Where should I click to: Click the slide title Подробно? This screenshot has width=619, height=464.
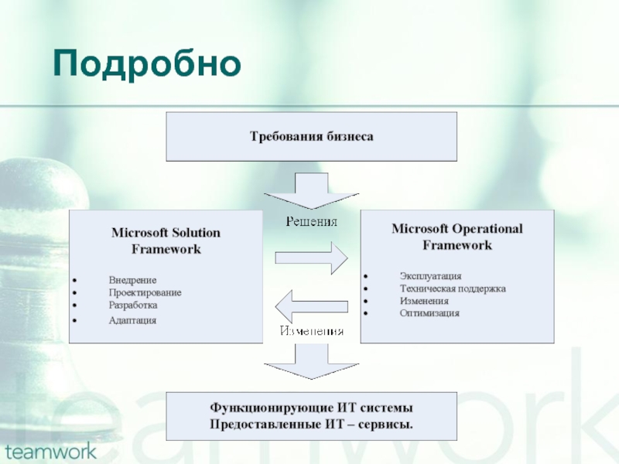pos(147,65)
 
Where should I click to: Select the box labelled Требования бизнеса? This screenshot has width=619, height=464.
pos(311,137)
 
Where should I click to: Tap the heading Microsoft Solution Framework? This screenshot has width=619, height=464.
pos(166,241)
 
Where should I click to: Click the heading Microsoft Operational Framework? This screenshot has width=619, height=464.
pos(457,237)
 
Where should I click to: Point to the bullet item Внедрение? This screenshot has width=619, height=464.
pos(132,280)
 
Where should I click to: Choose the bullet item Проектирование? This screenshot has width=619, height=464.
pos(145,292)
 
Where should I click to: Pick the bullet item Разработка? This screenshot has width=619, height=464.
pos(133,305)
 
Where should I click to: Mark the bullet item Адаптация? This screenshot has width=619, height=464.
pos(132,319)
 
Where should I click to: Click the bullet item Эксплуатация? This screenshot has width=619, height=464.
pos(430,275)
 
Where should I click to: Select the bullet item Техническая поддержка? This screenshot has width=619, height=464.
pos(452,288)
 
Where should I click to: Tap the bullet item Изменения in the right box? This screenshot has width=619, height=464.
pos(424,301)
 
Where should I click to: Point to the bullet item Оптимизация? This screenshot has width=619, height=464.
pos(429,313)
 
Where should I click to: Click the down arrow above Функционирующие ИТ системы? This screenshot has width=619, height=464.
pos(311,360)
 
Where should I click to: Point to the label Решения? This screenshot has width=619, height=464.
pos(312,222)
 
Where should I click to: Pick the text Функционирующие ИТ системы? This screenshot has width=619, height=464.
pos(311,408)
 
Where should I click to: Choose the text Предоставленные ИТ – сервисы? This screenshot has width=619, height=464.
pos(311,425)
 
